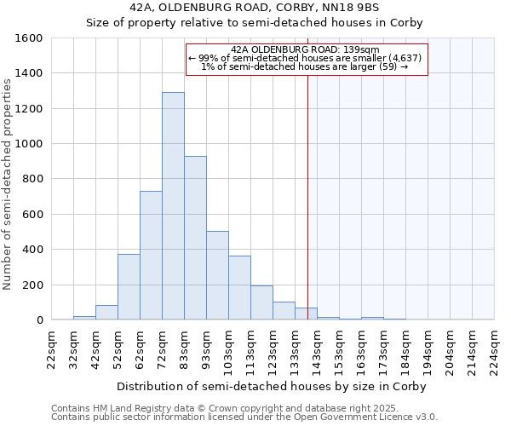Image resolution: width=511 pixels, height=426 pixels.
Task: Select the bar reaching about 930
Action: [195, 238]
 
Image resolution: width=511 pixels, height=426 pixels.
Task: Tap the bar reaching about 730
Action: [151, 256]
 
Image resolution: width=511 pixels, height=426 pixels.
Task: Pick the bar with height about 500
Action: [217, 275]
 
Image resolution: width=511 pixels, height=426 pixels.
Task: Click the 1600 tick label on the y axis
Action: [29, 38]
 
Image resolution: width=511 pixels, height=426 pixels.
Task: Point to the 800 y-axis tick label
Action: [32, 179]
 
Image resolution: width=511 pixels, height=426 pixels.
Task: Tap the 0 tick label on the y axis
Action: [39, 319]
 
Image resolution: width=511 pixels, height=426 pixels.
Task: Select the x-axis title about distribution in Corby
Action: [271, 386]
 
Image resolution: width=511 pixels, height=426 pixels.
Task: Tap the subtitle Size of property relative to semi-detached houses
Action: [254, 22]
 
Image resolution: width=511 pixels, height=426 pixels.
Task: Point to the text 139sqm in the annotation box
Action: [363, 49]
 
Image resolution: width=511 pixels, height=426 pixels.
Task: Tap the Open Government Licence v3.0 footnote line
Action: [244, 417]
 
